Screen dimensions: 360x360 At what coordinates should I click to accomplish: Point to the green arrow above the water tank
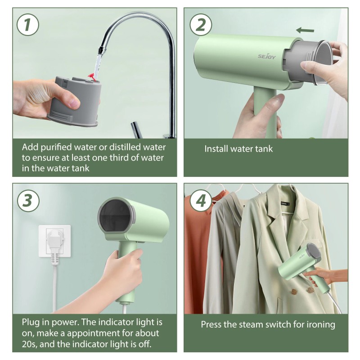click(x=305, y=30)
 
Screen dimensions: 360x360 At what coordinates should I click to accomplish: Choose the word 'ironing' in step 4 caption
click(x=319, y=324)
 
